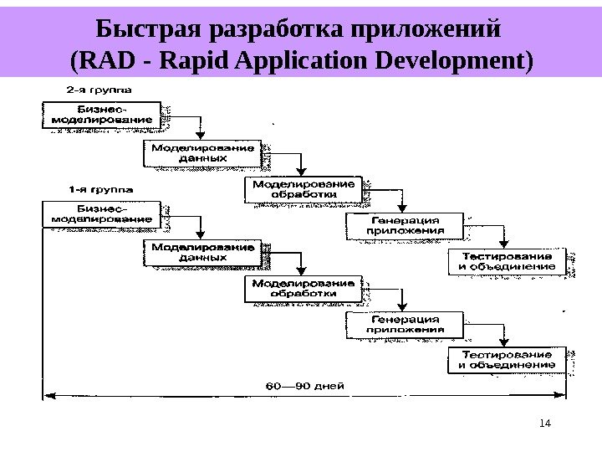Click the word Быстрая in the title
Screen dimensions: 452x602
[153, 30]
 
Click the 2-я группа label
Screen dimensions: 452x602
[98, 87]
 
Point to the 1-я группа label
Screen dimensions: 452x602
[98, 188]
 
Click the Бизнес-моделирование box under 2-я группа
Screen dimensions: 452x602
[101, 114]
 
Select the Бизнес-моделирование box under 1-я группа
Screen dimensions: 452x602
[101, 214]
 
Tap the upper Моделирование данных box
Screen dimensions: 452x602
[202, 152]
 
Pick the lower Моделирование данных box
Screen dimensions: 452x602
[202, 253]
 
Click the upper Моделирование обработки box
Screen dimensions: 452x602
[304, 189]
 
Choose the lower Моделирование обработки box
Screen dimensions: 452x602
[304, 289]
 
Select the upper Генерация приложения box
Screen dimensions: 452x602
[406, 225]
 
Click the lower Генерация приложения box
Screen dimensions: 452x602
[406, 325]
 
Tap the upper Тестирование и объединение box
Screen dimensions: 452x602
[507, 261]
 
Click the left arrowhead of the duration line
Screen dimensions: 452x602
[48, 394]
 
